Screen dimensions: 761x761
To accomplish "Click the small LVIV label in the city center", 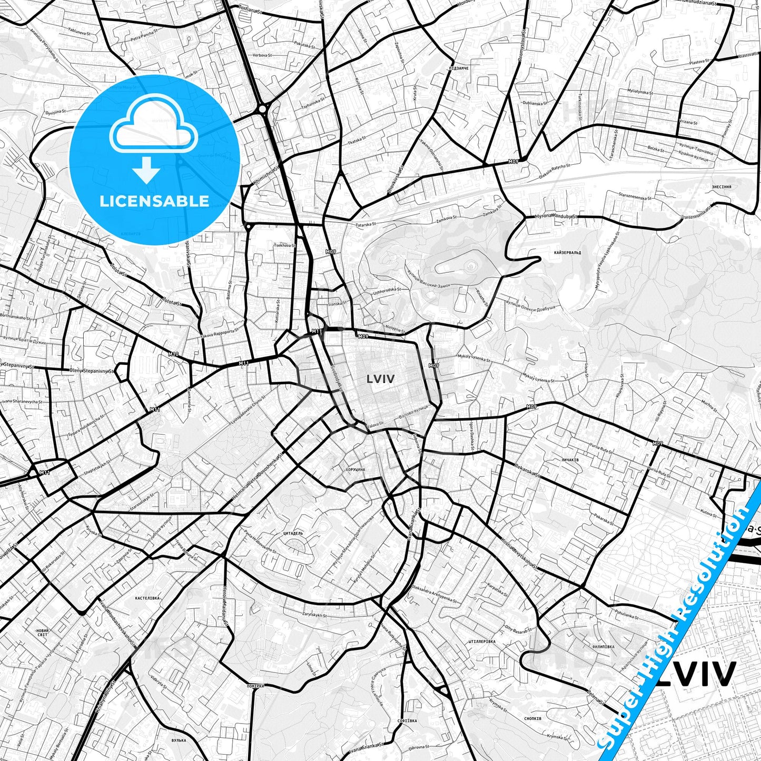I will [x=380, y=378].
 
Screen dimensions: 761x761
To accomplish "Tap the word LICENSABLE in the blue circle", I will [x=154, y=201].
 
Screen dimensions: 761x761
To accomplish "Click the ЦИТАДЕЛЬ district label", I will [x=293, y=533].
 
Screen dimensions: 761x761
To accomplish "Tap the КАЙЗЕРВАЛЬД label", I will [x=567, y=253].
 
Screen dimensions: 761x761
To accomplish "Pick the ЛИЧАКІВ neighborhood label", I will [x=570, y=460].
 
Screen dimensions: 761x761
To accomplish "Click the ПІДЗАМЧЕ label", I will [x=457, y=68].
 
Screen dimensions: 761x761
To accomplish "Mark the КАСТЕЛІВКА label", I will [x=147, y=598].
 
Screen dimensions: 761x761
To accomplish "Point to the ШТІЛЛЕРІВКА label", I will [x=481, y=641].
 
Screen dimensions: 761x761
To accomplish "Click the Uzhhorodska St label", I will [x=387, y=291].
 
